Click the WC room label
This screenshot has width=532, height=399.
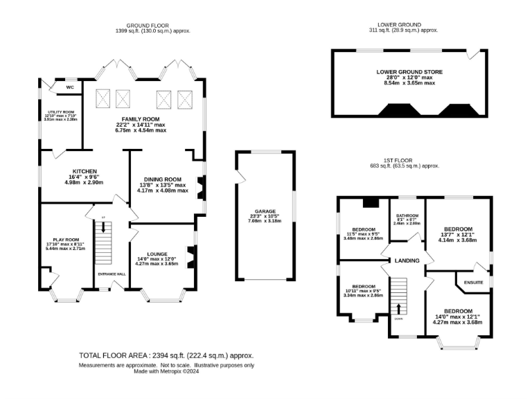click(x=70, y=87)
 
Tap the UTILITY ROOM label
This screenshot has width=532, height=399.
click(x=61, y=112)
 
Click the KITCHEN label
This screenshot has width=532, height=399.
click(x=85, y=172)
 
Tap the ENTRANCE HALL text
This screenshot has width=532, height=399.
click(x=112, y=274)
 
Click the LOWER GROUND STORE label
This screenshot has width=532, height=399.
click(x=409, y=71)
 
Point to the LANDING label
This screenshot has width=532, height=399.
click(x=407, y=260)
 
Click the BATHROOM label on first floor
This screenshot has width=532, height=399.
click(x=407, y=215)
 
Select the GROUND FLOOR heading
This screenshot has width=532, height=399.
click(x=152, y=25)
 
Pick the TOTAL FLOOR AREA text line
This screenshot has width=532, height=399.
click(x=166, y=355)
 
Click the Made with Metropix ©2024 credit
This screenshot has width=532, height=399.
click(x=166, y=371)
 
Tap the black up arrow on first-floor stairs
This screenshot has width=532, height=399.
click(x=399, y=307)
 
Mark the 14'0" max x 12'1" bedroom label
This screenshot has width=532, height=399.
click(x=458, y=312)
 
